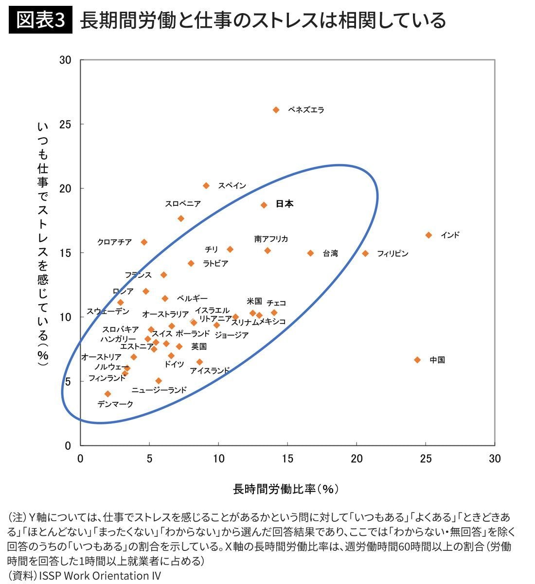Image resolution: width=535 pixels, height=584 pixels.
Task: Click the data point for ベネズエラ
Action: point(276,110)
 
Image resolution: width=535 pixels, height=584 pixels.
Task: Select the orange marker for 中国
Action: point(417,360)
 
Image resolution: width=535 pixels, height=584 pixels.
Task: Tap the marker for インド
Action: point(428,235)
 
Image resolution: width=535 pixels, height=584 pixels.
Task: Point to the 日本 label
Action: point(285,204)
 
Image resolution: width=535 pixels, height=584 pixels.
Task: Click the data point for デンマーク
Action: point(108,394)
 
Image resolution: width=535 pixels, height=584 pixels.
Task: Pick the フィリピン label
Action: point(392,254)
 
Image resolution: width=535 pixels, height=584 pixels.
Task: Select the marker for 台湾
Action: point(310,253)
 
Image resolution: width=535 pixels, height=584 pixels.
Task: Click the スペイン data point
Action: point(206,185)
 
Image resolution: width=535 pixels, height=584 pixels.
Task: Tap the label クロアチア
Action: point(114,242)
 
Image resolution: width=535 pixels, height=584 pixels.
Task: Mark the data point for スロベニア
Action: point(181,219)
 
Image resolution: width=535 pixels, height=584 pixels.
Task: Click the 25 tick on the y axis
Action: point(66,124)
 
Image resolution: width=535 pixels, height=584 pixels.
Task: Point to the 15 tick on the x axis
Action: point(287,458)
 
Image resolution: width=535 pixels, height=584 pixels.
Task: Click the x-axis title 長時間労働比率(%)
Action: point(286,489)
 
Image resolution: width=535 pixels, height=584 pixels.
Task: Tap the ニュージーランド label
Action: point(159,390)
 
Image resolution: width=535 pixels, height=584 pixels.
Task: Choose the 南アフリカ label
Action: point(271,238)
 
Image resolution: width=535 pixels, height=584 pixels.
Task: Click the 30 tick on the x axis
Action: point(495,458)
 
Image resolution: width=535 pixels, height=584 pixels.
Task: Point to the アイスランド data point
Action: point(199,362)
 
